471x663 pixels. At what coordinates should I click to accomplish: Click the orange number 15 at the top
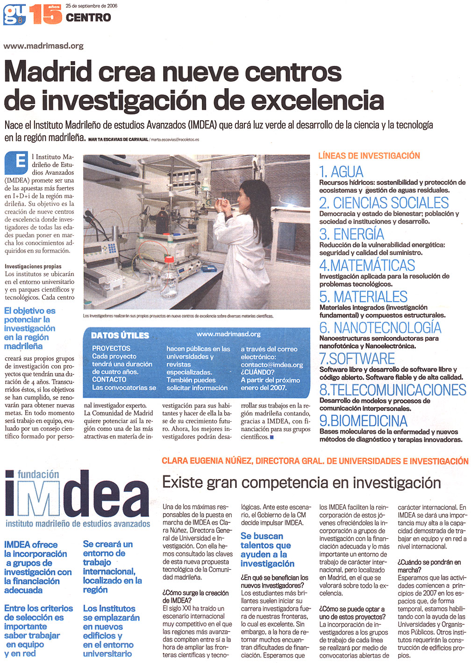click(46, 14)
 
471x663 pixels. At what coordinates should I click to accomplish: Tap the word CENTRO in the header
click(88, 18)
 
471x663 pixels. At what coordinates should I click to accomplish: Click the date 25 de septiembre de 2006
click(92, 6)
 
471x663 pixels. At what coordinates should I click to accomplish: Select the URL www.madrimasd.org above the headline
click(43, 46)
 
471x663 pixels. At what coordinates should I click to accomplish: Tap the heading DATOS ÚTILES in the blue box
click(120, 335)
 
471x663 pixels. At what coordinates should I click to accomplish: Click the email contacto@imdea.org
click(272, 365)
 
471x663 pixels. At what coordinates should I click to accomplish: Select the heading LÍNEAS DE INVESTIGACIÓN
click(369, 156)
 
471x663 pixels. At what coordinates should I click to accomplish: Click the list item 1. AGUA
click(341, 172)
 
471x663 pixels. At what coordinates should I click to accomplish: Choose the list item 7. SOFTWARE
click(357, 359)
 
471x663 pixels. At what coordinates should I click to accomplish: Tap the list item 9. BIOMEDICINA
click(363, 421)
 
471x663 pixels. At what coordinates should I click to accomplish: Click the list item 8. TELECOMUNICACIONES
click(392, 390)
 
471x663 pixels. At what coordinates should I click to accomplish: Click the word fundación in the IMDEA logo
click(38, 474)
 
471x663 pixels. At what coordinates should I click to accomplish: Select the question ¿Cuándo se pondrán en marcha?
click(429, 566)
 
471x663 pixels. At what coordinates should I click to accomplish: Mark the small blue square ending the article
click(272, 437)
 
